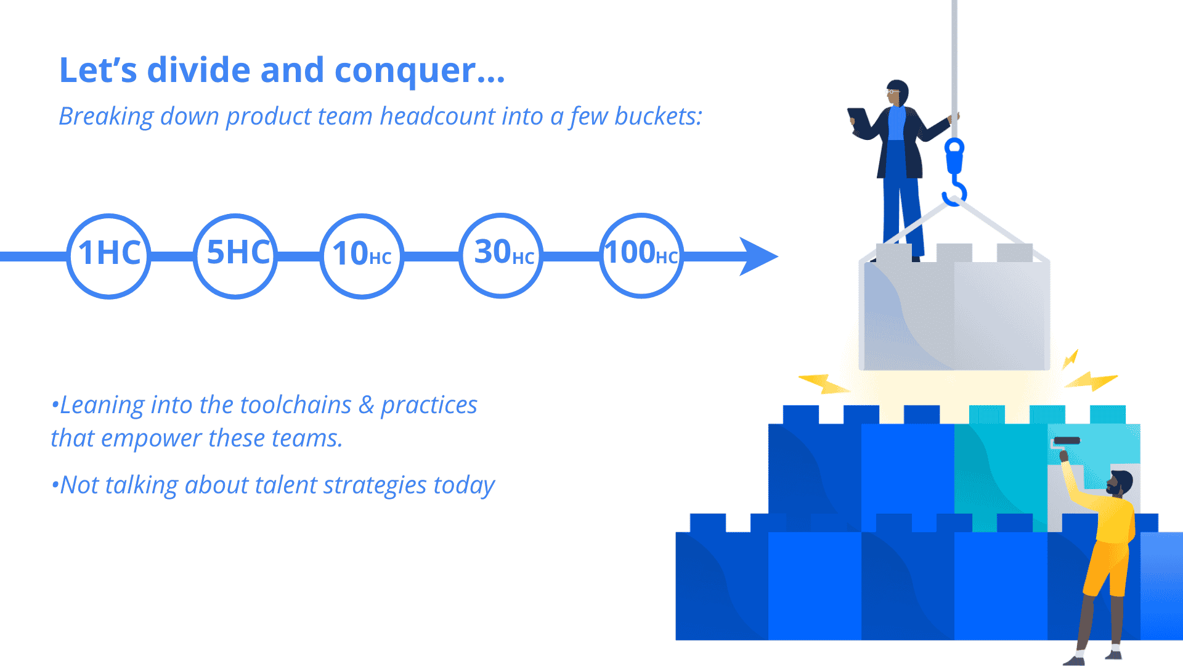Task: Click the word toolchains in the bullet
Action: pos(296,405)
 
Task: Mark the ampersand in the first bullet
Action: pos(367,405)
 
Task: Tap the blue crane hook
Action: pos(954,173)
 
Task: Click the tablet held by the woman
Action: pos(858,120)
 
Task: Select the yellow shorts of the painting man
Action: pos(1106,567)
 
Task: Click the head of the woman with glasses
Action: pos(897,92)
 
